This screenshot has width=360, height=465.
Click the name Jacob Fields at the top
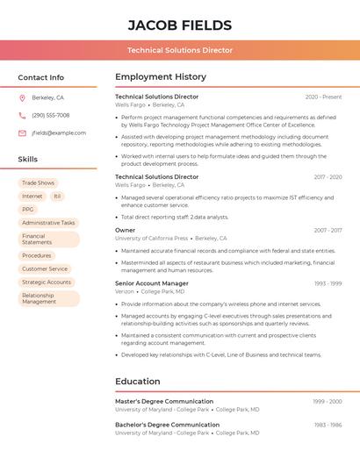(180, 25)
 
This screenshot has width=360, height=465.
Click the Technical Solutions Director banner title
(180, 51)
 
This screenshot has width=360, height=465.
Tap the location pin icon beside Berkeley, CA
(22, 97)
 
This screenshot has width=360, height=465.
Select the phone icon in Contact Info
(22, 115)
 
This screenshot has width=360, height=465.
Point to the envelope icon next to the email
(22, 133)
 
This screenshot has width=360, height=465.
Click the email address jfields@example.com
(59, 133)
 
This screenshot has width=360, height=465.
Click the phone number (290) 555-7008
(51, 115)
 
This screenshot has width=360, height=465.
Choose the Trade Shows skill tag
(38, 183)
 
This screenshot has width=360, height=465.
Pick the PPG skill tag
(28, 210)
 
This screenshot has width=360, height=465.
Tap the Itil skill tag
(57, 197)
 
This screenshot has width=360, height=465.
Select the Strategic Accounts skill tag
(47, 283)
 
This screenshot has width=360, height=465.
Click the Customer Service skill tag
(45, 269)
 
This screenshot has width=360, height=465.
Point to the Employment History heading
(161, 77)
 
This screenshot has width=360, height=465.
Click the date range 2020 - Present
(323, 97)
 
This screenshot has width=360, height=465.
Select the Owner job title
(126, 230)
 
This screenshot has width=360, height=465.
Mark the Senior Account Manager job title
(151, 283)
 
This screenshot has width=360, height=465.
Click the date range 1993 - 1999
(328, 283)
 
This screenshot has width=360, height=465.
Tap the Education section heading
(138, 382)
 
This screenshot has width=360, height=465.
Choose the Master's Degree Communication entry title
(164, 401)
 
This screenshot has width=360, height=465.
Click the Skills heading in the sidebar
(28, 160)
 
